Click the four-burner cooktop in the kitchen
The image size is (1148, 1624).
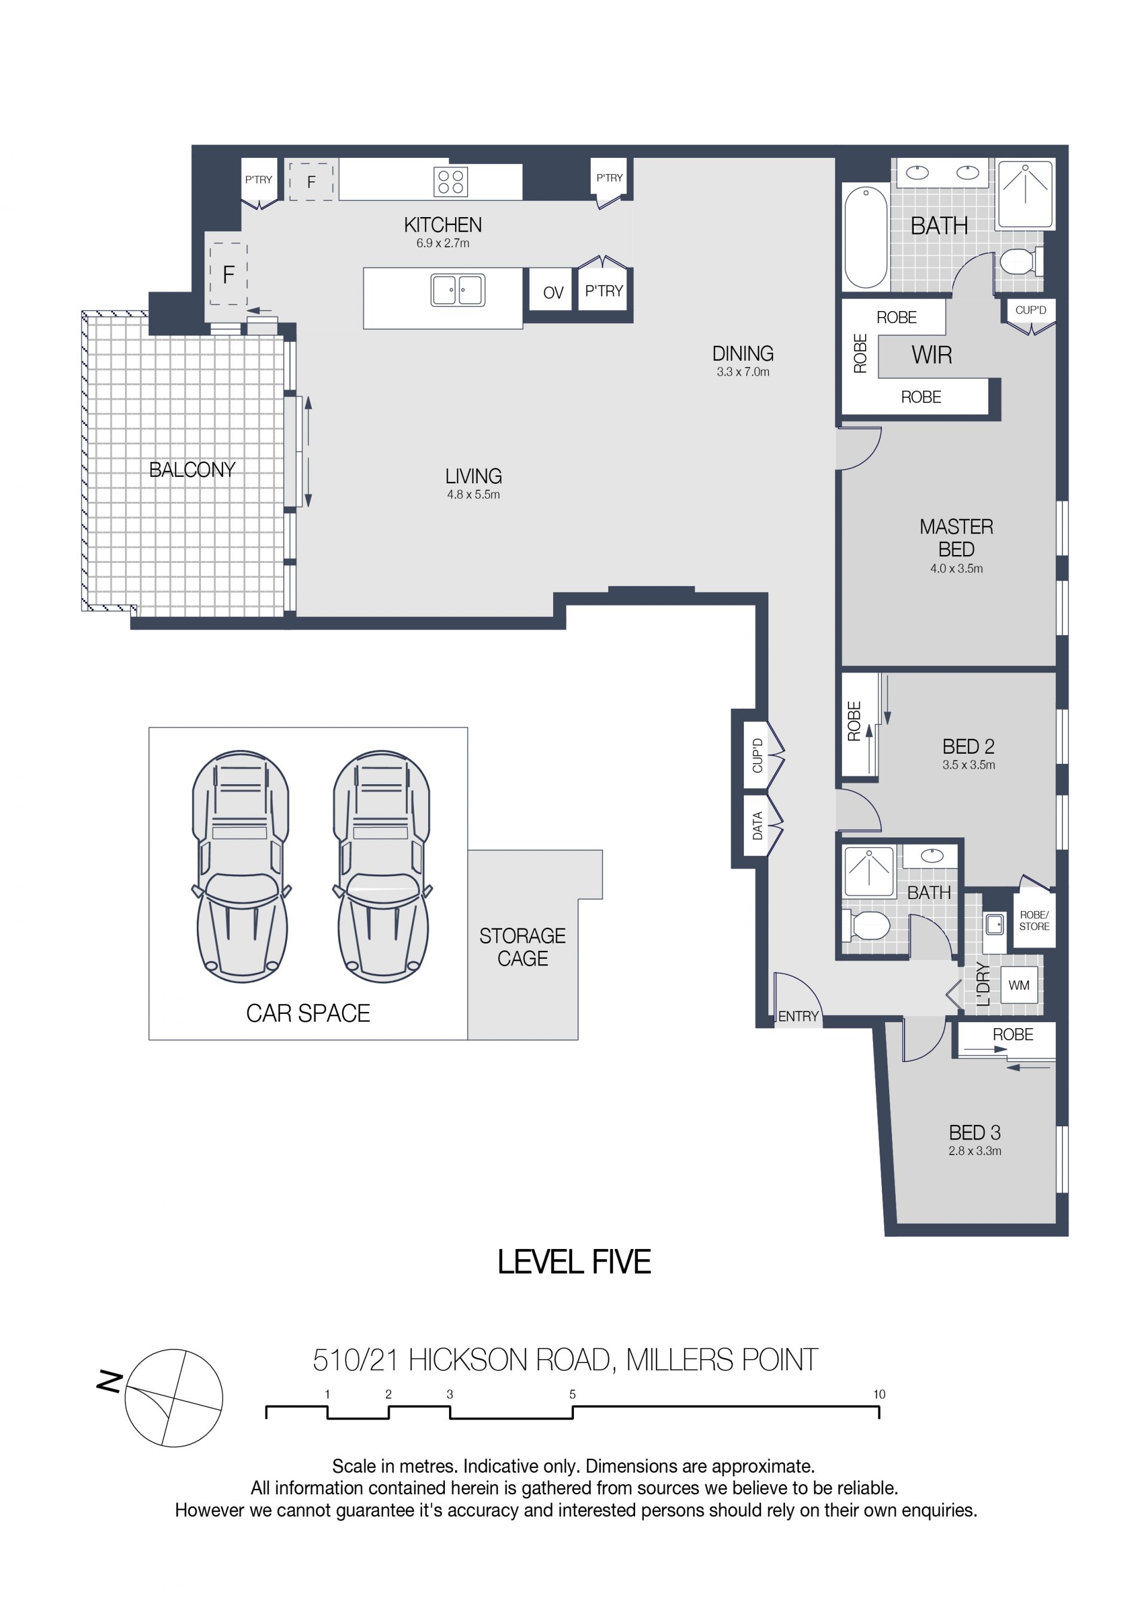pos(450,181)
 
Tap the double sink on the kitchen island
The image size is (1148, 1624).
pos(458,290)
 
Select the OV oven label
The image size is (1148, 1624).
pos(554,293)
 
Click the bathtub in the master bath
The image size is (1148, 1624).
pos(866,236)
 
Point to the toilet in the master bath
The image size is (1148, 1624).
pos(1021,261)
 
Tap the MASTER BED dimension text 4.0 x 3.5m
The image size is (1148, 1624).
pos(957,568)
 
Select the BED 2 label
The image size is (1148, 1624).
pos(969,747)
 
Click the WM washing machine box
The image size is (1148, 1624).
pos(1019,985)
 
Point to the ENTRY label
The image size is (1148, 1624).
pos(798,1016)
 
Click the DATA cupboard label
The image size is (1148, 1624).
pos(757,826)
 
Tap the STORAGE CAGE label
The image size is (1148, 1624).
pos(523,947)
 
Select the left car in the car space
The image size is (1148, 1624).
pos(241,867)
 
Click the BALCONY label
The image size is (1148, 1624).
pos(193,470)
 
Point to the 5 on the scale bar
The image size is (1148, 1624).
pos(573,1394)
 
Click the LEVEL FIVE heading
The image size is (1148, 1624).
pos(574,1262)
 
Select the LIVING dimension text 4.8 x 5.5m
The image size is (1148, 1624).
pos(474,495)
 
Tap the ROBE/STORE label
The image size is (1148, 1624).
pos(1034,920)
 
